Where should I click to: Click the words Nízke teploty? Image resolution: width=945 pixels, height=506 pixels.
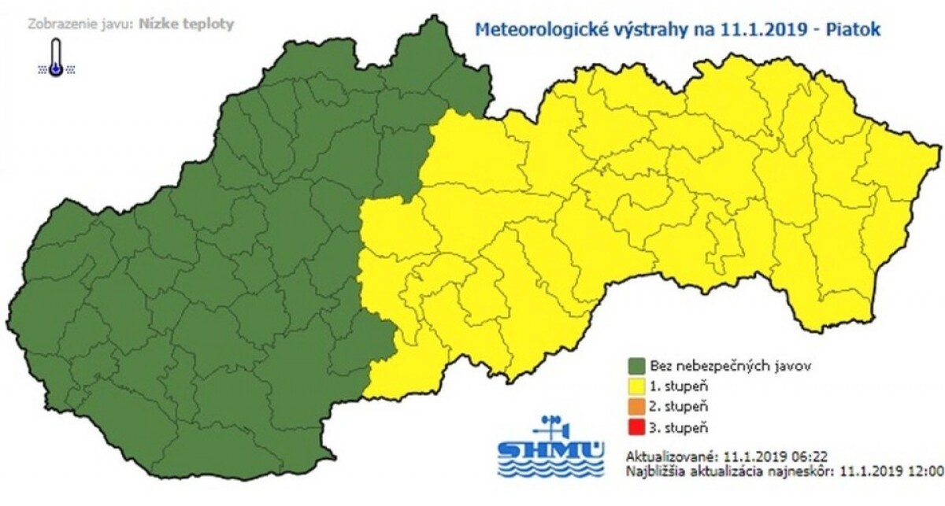[x=186, y=24]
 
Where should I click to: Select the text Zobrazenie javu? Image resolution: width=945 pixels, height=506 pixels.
[x=80, y=24]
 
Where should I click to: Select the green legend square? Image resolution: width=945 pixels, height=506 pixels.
[x=636, y=366]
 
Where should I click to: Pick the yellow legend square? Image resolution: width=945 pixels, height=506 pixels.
[x=636, y=386]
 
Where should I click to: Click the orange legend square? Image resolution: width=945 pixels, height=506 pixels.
[x=636, y=407]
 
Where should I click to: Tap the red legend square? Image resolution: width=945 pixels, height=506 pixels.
[x=636, y=427]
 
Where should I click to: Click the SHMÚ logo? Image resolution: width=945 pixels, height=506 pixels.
[x=551, y=449]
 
